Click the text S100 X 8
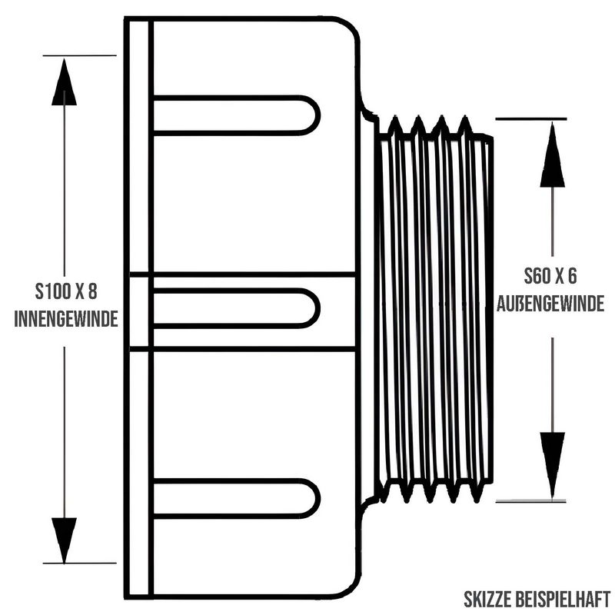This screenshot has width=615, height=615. [x=66, y=292]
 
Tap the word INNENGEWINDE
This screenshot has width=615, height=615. [x=66, y=319]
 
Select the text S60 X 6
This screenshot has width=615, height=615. [x=550, y=276]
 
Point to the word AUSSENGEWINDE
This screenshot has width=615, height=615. [x=550, y=304]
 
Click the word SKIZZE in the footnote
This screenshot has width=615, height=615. [x=487, y=600]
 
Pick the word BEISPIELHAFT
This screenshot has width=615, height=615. [x=563, y=600]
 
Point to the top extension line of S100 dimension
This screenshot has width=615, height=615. [x=80, y=55]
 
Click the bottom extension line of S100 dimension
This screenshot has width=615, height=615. [x=80, y=563]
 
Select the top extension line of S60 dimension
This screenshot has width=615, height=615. [x=531, y=118]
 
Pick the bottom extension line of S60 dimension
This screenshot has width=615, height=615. [x=531, y=501]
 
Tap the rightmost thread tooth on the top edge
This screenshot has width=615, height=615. [x=465, y=125]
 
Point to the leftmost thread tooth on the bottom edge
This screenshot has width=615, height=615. [x=407, y=491]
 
